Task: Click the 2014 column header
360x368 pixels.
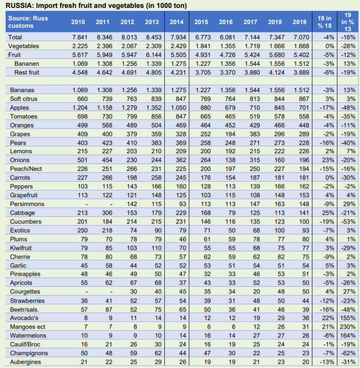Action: tap(176, 22)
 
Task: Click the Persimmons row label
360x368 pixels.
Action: tap(27, 204)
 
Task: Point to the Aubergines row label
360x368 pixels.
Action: tap(26, 362)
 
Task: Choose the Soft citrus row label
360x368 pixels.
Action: tap(26, 99)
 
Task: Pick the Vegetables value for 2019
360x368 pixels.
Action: tap(299, 46)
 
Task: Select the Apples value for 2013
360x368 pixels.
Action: tap(152, 107)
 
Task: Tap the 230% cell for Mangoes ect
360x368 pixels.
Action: tap(348, 326)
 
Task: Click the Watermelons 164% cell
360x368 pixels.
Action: tap(348, 335)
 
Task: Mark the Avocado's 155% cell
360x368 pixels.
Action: tap(348, 318)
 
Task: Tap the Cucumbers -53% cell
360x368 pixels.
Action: tap(348, 222)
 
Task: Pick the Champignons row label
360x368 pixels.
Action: tap(29, 353)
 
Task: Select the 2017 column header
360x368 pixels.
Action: tap(250, 22)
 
